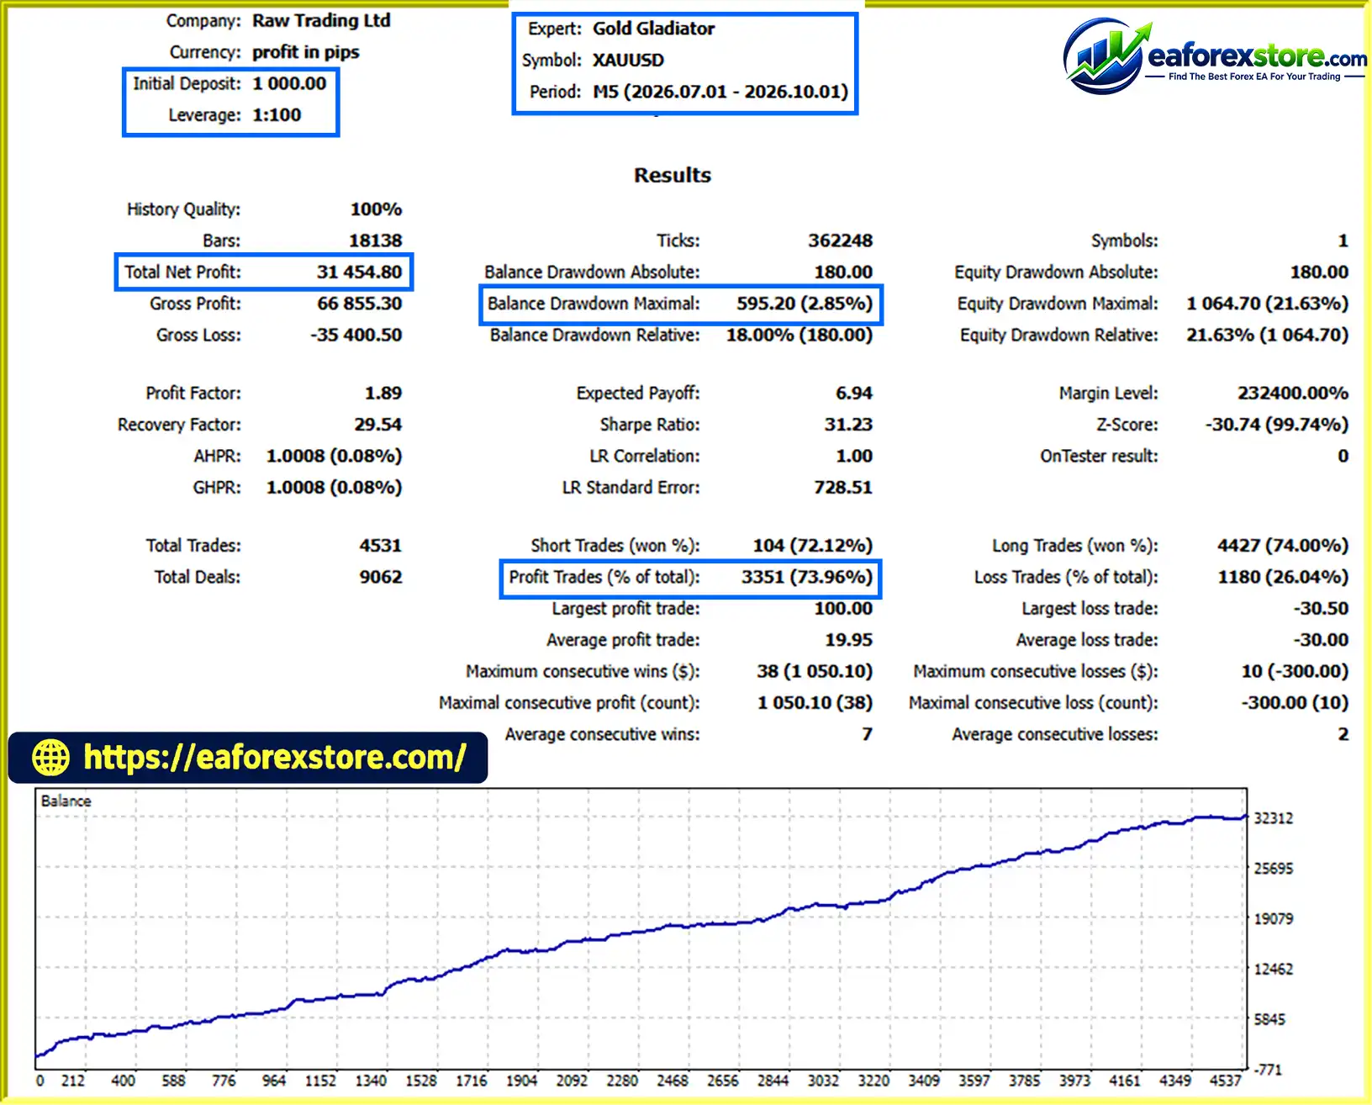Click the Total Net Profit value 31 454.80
click(359, 272)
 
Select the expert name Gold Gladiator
click(653, 29)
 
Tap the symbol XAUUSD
click(628, 60)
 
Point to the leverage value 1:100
click(277, 115)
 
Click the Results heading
click(672, 175)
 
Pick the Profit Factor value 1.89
click(383, 393)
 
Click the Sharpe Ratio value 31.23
click(848, 425)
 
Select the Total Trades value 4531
click(381, 546)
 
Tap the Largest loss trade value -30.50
click(1321, 608)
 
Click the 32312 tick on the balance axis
click(1273, 818)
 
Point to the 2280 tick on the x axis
click(621, 1081)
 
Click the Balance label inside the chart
click(66, 801)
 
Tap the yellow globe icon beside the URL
click(50, 758)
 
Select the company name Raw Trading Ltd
click(321, 20)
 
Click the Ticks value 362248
click(841, 241)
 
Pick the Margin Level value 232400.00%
click(1293, 393)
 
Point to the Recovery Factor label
click(179, 425)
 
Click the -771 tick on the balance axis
click(1268, 1070)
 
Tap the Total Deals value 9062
click(381, 577)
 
